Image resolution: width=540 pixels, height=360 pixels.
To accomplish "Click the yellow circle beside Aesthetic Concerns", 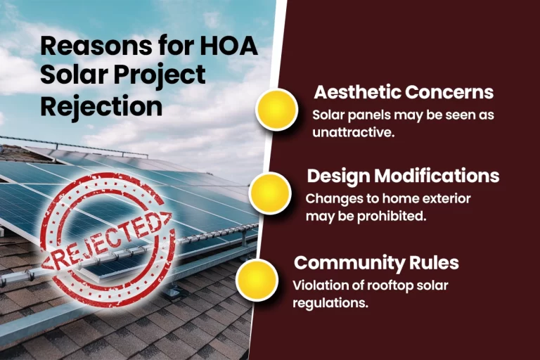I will pyautogui.click(x=276, y=109).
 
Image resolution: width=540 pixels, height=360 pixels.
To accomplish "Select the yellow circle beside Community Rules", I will pyautogui.click(x=257, y=280).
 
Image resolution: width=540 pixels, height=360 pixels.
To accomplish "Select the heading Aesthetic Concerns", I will pyautogui.click(x=403, y=92).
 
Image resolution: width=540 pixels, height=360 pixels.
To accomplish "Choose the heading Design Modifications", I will pyautogui.click(x=403, y=175).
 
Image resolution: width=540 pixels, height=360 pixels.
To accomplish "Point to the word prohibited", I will pyautogui.click(x=391, y=216).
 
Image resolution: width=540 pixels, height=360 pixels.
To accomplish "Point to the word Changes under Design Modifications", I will pyautogui.click(x=329, y=199).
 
